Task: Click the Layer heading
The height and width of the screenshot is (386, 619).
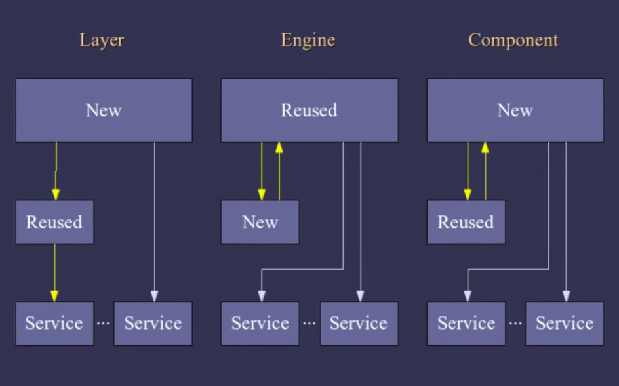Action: point(102,41)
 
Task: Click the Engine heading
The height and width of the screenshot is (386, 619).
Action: point(308,41)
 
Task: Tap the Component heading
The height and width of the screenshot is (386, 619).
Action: point(513,41)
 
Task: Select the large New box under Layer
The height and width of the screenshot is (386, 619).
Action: point(104,110)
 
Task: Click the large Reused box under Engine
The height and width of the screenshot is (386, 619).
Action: point(309,110)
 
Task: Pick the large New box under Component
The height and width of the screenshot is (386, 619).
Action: point(515,110)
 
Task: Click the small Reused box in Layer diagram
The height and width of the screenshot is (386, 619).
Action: point(54,222)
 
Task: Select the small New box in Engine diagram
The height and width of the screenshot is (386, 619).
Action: point(260,222)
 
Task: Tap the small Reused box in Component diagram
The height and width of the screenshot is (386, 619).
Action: point(466,222)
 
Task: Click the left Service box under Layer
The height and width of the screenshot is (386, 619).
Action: point(54,323)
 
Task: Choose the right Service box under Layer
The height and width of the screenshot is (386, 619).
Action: point(153,323)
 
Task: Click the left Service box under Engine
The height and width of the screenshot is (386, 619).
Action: point(260,323)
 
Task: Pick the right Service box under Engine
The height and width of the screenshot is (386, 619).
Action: point(359,323)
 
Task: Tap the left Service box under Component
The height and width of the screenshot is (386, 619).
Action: point(466,323)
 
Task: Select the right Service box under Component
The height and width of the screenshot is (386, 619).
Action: point(565,323)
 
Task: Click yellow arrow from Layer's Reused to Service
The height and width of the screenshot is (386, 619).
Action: point(54,272)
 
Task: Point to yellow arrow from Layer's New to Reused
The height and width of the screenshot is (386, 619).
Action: point(56,171)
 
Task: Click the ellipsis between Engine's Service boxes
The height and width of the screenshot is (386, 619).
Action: point(309,323)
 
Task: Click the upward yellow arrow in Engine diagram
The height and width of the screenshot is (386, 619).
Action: point(279,171)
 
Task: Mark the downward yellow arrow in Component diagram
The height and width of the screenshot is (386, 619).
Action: point(468,171)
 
